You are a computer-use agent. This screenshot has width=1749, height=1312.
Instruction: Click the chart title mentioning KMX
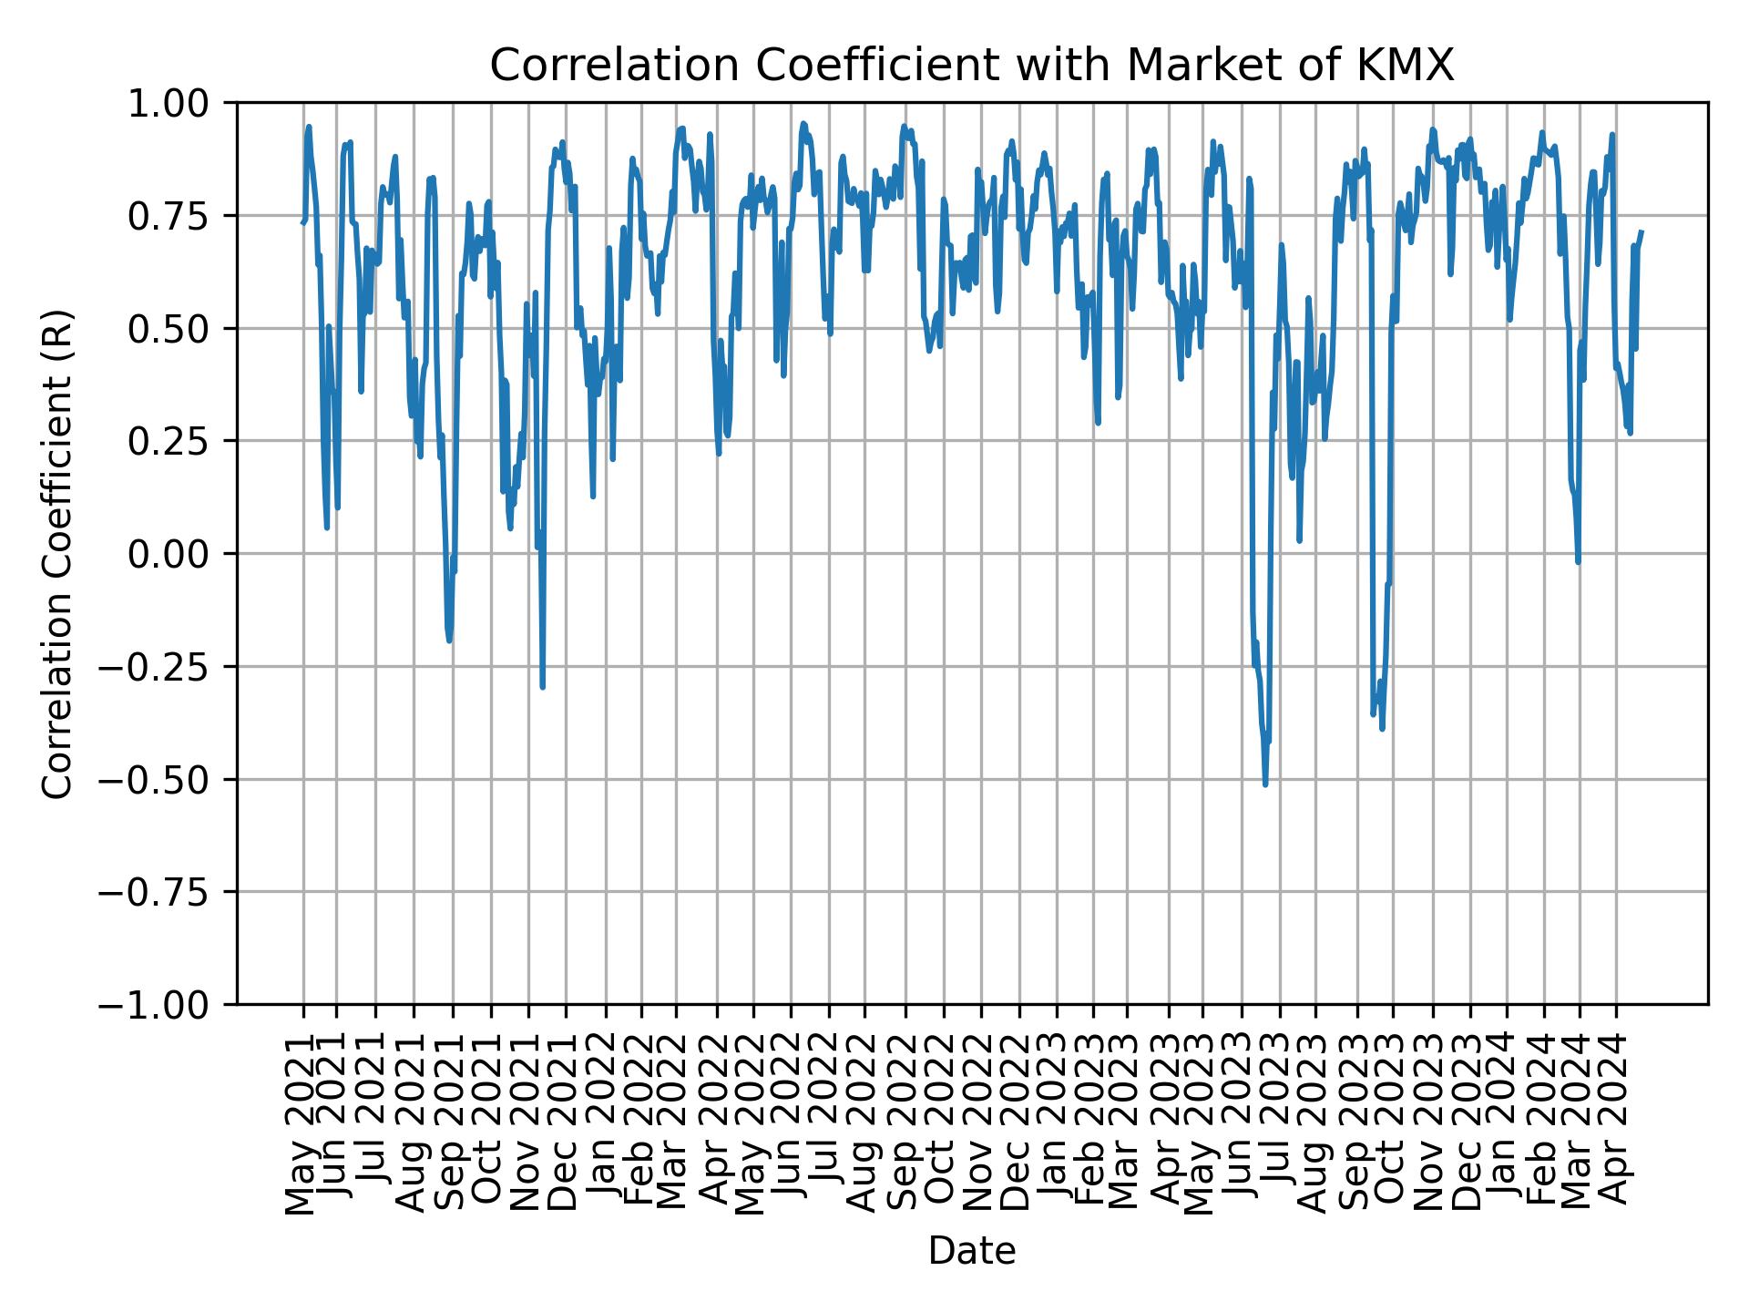click(x=972, y=66)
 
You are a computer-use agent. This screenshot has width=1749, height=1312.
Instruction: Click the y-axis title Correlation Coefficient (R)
click(x=57, y=553)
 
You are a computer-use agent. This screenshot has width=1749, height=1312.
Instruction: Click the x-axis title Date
click(x=972, y=1251)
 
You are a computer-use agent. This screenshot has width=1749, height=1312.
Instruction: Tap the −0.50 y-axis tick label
click(x=168, y=779)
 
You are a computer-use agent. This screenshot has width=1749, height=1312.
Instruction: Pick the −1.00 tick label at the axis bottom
click(x=168, y=1004)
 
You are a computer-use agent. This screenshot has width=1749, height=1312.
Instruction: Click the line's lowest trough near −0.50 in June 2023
click(x=1265, y=784)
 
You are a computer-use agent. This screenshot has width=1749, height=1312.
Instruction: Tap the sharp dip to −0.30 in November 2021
click(x=543, y=686)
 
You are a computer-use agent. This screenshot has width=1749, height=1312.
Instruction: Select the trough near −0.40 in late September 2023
click(x=1382, y=728)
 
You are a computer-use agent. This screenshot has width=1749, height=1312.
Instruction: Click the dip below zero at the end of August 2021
click(x=449, y=640)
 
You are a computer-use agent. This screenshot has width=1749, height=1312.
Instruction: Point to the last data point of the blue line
click(x=1642, y=231)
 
